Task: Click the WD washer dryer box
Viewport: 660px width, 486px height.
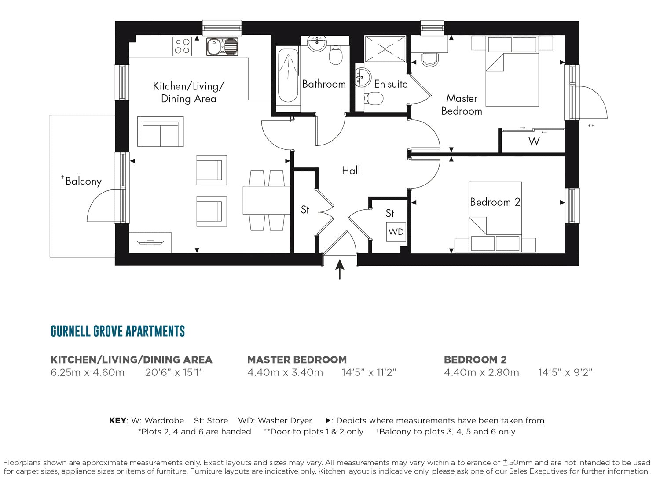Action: click(396, 232)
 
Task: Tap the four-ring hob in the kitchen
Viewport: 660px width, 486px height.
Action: click(182, 46)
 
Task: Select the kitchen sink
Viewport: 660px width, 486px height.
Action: click(222, 47)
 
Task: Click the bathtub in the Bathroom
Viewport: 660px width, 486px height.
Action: click(288, 78)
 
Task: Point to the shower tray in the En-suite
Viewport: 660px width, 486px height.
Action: click(385, 49)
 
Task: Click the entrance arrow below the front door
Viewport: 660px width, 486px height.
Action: click(340, 269)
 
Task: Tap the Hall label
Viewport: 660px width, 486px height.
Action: click(351, 170)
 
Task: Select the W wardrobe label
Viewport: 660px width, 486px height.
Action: click(534, 141)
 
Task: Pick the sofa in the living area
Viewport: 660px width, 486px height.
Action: click(160, 132)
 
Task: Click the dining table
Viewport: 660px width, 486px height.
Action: click(267, 200)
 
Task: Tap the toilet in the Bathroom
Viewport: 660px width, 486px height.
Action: click(336, 55)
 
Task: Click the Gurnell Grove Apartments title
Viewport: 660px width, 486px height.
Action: click(118, 331)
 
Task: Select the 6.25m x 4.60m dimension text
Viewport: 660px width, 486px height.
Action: click(88, 372)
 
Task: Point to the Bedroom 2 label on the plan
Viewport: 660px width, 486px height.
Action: click(495, 202)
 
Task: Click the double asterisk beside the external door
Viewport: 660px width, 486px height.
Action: click(591, 126)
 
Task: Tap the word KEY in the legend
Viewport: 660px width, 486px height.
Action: click(117, 420)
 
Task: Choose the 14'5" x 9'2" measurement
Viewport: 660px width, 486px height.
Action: click(565, 372)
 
